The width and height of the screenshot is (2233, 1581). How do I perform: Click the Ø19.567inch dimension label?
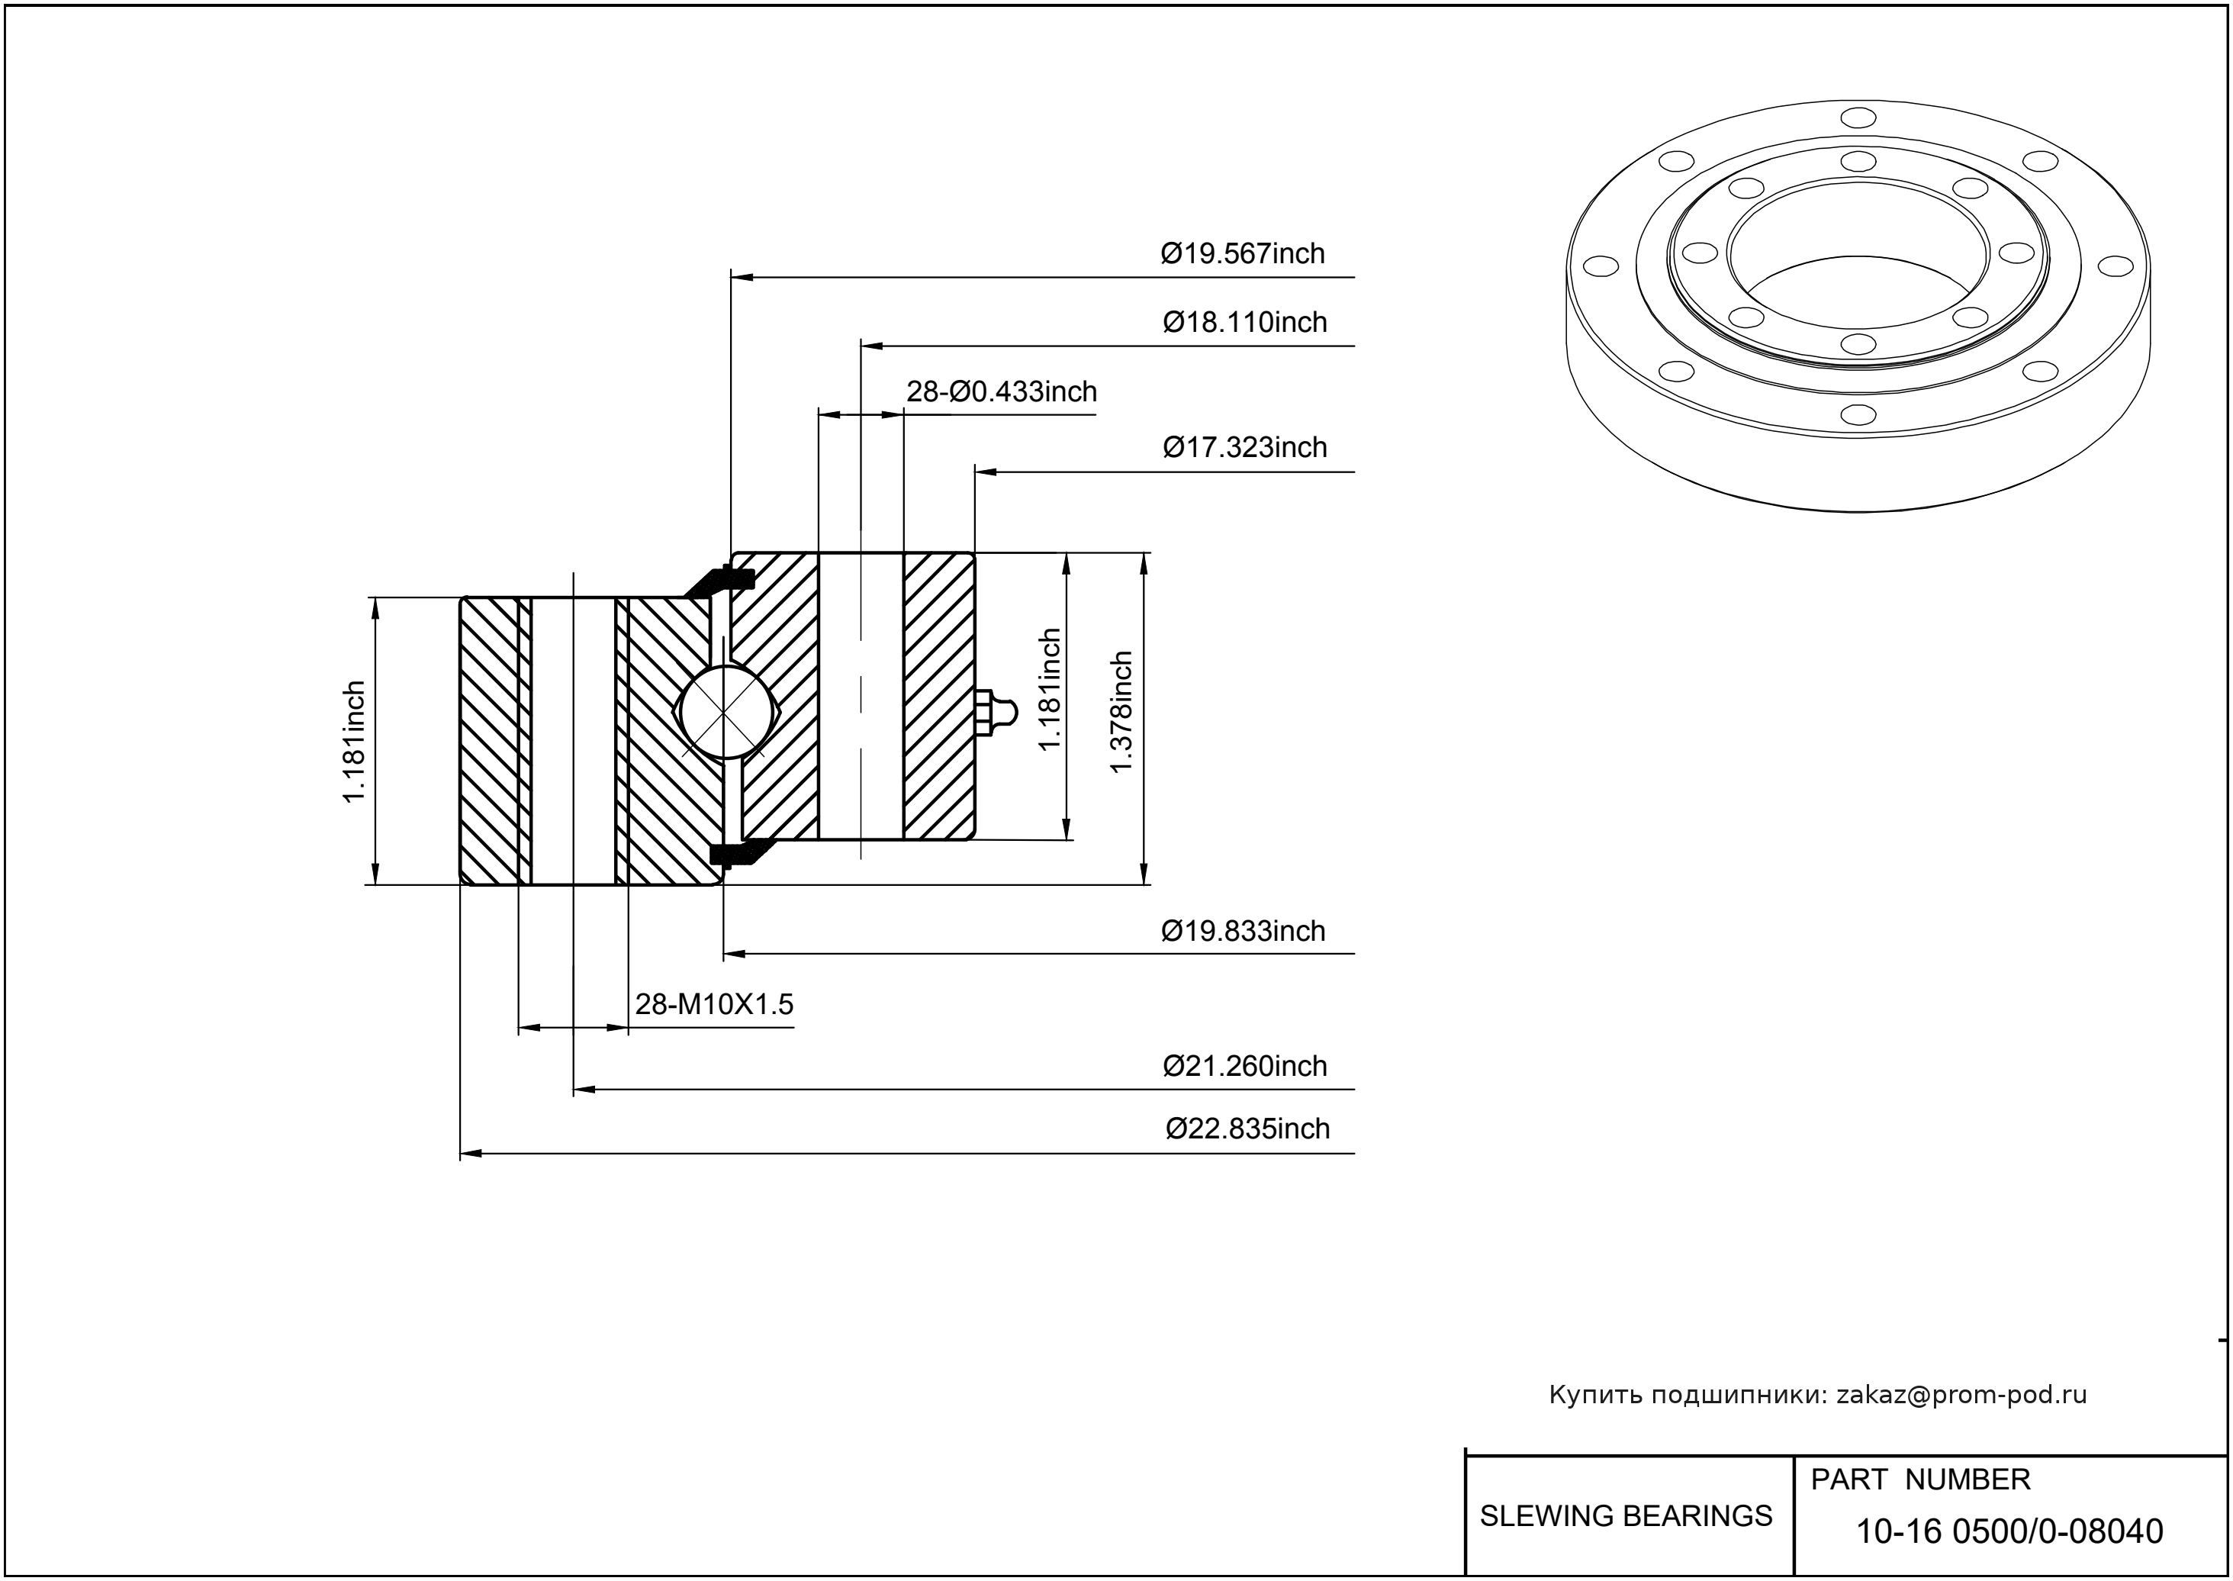[1242, 254]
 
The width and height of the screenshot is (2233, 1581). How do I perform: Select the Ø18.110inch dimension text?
[1244, 322]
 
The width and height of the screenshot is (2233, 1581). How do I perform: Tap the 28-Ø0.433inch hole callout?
[1002, 391]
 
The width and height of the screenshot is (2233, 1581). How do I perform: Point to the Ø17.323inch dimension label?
[1244, 448]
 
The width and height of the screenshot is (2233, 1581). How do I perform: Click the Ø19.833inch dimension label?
[1242, 932]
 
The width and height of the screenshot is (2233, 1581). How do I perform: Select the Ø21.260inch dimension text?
[1244, 1066]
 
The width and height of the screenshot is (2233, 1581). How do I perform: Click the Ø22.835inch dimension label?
[1247, 1129]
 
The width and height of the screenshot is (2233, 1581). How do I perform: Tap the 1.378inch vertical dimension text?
[1121, 712]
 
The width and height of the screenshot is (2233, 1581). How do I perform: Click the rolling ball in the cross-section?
[723, 712]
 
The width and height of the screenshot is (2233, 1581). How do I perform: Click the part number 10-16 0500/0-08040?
[2009, 1531]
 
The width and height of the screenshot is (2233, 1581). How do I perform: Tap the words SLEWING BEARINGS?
[1626, 1516]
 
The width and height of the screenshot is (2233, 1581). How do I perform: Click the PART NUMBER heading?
[1919, 1480]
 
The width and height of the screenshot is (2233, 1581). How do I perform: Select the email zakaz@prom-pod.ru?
[1961, 1395]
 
